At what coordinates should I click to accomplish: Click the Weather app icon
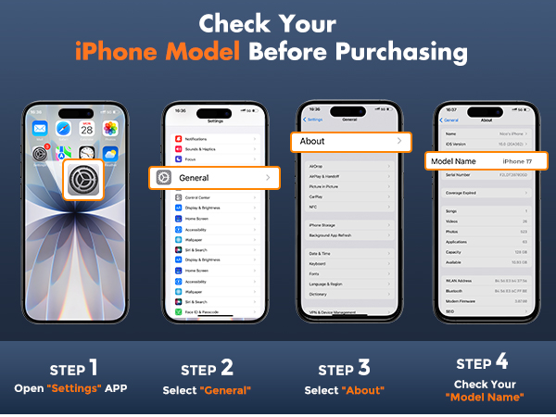coord(110,154)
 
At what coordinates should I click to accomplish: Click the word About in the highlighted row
coord(312,142)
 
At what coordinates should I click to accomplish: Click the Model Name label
coord(453,161)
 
